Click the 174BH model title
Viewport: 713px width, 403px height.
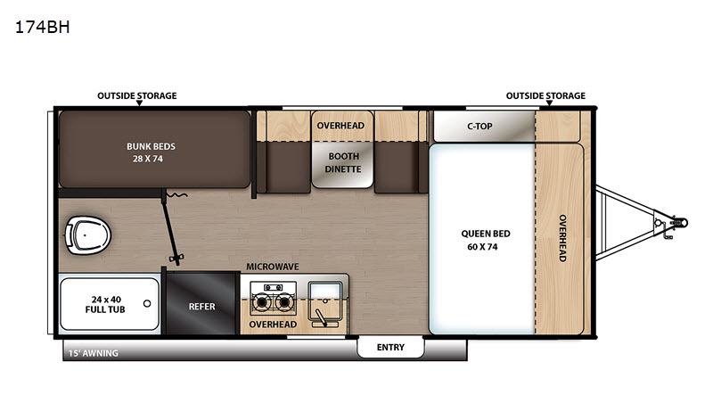click(x=42, y=28)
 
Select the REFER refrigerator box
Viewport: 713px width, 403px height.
click(x=203, y=304)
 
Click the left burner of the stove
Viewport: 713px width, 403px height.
click(x=261, y=301)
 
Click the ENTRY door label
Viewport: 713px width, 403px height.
click(x=390, y=348)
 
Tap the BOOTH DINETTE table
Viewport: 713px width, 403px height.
click(x=343, y=165)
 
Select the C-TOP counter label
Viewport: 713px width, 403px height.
click(x=479, y=127)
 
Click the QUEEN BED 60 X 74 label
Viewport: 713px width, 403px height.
click(x=485, y=240)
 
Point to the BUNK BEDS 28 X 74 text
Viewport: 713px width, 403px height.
click(x=151, y=152)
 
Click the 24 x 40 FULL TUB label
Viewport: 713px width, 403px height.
click(x=105, y=304)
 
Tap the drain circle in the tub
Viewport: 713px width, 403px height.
click(x=147, y=303)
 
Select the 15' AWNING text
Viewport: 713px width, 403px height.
click(x=94, y=353)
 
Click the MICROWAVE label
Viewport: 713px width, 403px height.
click(x=273, y=267)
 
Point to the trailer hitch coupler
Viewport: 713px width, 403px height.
click(x=680, y=223)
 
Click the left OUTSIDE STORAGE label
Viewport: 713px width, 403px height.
click(x=137, y=95)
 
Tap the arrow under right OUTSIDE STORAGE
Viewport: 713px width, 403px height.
click(x=549, y=103)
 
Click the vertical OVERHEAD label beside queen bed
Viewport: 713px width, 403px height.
click(x=562, y=238)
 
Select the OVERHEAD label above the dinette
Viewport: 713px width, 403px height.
click(x=340, y=126)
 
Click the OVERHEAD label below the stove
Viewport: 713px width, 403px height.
click(x=273, y=325)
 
